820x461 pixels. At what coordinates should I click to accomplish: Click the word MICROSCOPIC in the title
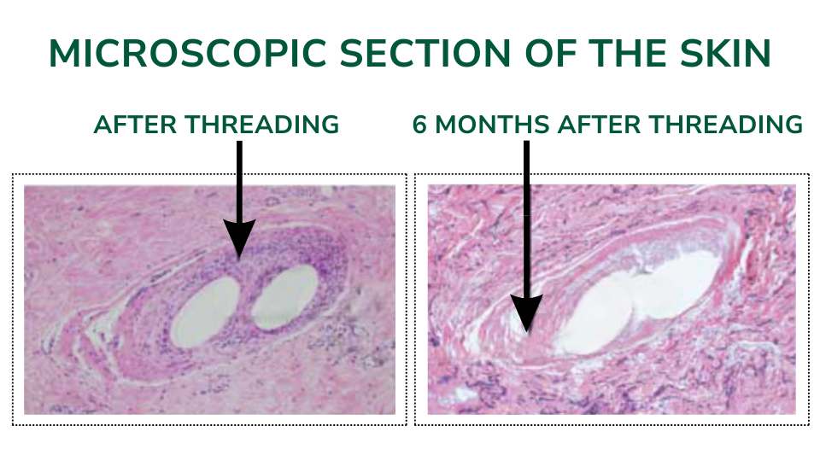point(188,53)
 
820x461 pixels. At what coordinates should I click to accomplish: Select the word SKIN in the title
point(725,53)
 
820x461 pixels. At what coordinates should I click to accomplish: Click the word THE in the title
point(627,53)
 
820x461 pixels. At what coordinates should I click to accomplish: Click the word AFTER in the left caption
point(136,125)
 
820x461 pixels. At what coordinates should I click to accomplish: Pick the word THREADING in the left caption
point(262,125)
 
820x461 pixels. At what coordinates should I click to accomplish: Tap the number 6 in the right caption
point(419,125)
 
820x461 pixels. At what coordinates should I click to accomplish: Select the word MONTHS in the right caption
point(493,125)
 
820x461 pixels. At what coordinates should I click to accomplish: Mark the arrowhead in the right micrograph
point(527,312)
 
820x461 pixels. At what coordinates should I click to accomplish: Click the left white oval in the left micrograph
point(206,312)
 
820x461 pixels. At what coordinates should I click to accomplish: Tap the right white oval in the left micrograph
point(285,297)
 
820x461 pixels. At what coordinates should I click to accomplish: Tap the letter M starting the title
point(64,53)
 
